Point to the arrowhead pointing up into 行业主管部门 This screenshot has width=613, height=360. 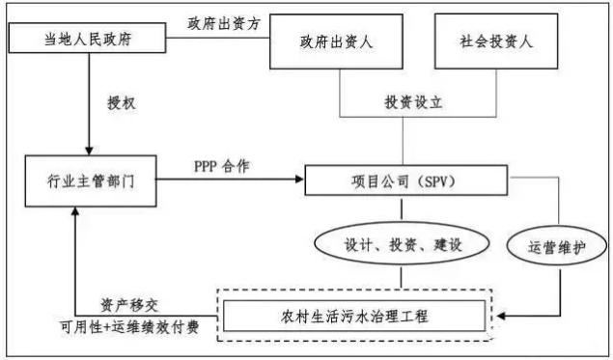click(x=75, y=211)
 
